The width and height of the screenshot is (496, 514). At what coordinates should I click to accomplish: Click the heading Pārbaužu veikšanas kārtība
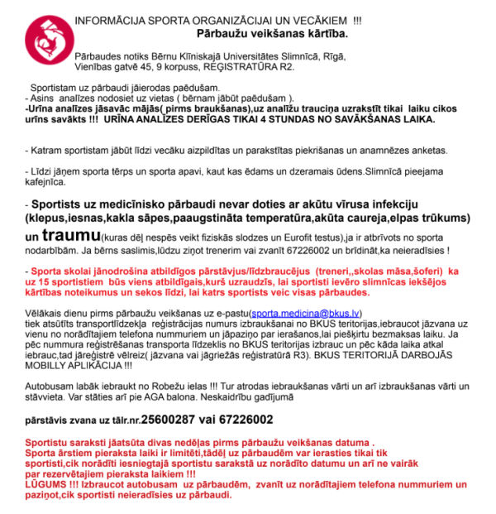pyautogui.click(x=272, y=34)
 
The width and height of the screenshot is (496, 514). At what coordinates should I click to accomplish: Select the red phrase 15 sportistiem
pyautogui.click(x=69, y=282)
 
